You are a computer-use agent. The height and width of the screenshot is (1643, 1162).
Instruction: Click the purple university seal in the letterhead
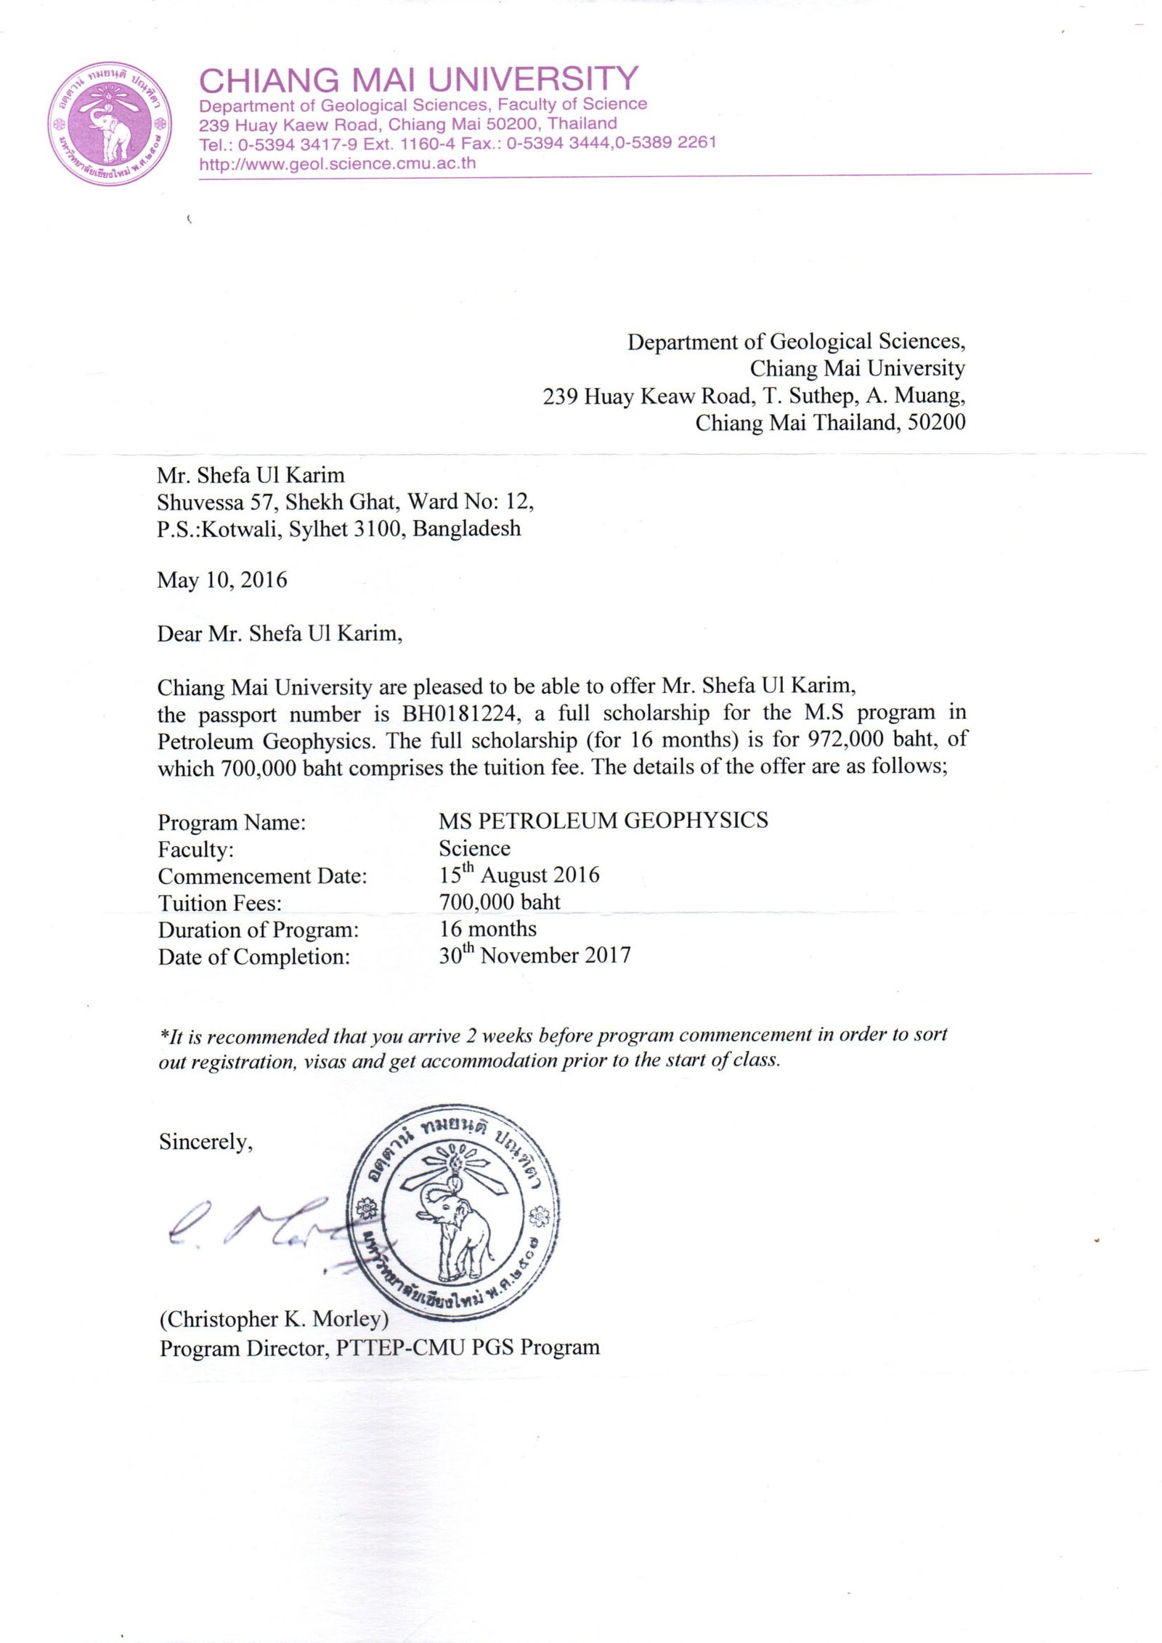110,123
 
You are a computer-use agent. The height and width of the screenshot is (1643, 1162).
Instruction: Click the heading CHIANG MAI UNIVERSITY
418,79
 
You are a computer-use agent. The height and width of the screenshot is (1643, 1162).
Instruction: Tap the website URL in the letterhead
338,163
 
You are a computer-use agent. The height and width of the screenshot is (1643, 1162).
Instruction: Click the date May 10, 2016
222,580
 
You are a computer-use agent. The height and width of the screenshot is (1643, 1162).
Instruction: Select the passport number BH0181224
460,714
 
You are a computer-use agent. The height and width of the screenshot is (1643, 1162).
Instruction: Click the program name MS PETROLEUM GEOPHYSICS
603,821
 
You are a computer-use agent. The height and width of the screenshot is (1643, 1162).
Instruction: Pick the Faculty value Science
474,848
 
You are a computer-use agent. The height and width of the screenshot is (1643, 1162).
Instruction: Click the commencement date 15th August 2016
519,875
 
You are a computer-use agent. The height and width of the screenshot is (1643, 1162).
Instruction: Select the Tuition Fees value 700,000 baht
500,902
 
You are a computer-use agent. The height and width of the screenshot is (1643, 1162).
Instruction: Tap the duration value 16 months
488,929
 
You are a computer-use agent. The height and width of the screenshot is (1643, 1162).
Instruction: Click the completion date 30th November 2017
535,956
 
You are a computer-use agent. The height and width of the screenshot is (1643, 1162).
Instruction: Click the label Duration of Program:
259,930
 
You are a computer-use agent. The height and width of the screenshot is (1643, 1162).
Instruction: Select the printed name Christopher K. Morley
275,1318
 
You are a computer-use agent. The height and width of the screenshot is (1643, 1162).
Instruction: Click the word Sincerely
206,1143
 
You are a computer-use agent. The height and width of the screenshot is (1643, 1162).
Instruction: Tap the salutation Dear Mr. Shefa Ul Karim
280,634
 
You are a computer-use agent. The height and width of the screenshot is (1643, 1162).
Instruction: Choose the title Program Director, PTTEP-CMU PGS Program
380,1348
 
